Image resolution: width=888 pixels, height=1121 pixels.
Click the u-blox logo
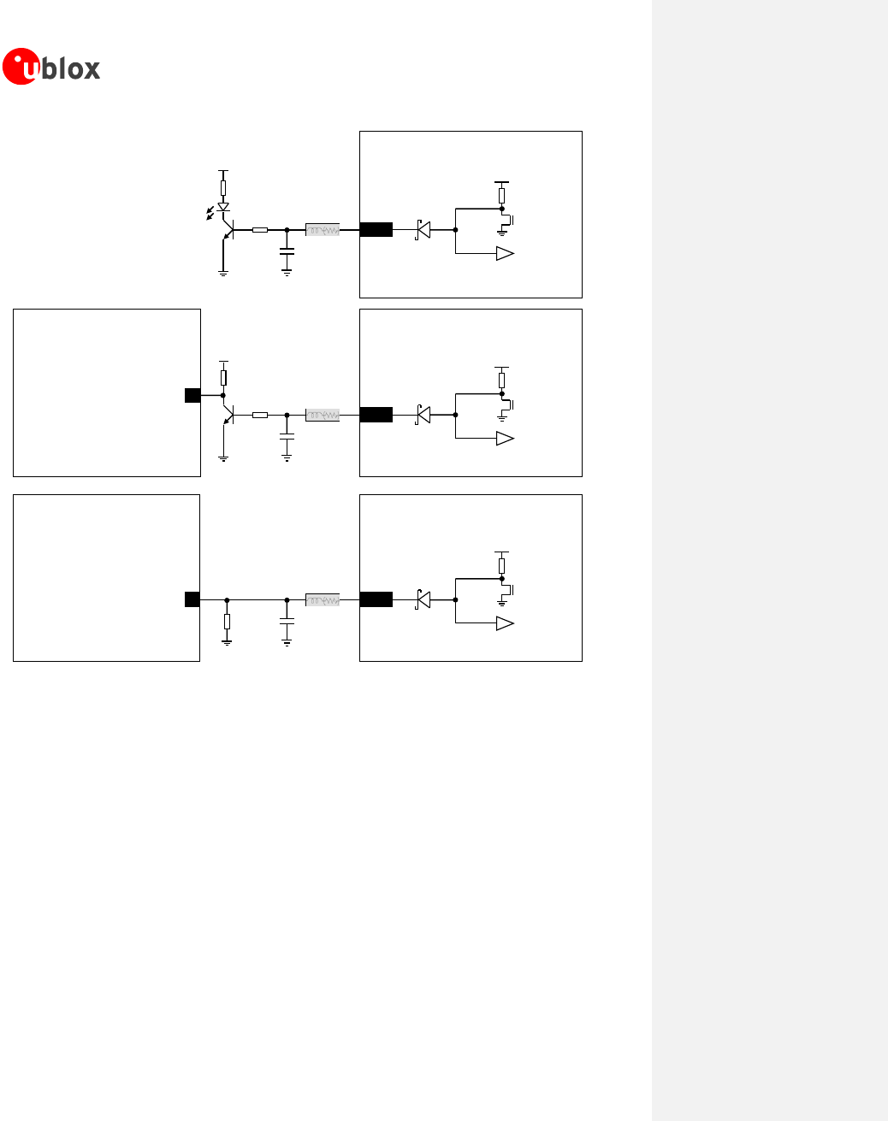(x=51, y=67)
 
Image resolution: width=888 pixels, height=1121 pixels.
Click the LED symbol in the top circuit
(x=223, y=207)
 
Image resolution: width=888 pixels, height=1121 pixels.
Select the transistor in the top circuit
(x=228, y=229)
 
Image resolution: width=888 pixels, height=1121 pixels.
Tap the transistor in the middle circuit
(x=228, y=415)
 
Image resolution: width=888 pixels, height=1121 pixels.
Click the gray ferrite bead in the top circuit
(x=323, y=230)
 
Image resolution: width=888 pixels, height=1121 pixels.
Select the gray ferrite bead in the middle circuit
(x=323, y=415)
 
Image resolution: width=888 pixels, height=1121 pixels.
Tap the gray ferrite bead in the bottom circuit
(x=323, y=600)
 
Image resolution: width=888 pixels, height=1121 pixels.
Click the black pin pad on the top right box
(x=376, y=229)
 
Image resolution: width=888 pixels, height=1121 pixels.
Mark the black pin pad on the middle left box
(x=192, y=395)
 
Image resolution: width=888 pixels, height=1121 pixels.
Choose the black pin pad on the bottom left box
(x=192, y=599)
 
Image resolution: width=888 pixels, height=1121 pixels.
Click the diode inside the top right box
(x=423, y=229)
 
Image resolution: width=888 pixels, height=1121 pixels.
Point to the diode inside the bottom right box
(x=423, y=599)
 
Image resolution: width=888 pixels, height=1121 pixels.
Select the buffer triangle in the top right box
(x=505, y=253)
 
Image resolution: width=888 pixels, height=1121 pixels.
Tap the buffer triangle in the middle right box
(x=505, y=439)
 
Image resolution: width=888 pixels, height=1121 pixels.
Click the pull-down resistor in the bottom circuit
(x=227, y=621)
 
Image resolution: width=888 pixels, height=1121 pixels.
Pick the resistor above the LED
(x=223, y=186)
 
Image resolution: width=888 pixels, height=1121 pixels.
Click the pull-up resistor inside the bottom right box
(x=501, y=565)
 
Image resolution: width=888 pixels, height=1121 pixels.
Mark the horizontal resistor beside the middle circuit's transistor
(x=260, y=415)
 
